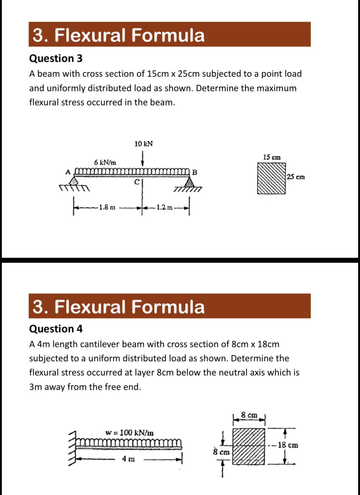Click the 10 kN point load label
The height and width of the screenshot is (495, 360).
[x=143, y=144]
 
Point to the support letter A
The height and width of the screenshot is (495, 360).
[x=68, y=171]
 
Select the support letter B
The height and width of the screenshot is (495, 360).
[x=194, y=172]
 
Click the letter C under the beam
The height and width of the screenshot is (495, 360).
[x=137, y=182]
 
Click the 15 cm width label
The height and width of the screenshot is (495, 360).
[x=272, y=157]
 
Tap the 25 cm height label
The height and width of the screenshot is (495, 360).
[x=296, y=177]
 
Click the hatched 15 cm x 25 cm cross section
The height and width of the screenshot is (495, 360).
[x=271, y=178]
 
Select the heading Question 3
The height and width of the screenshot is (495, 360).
[x=56, y=58]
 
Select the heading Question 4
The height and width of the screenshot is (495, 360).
[x=56, y=329]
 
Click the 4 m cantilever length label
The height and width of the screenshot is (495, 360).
[x=128, y=459]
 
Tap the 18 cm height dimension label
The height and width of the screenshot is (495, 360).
[x=288, y=445]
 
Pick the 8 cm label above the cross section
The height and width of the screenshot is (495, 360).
[x=249, y=415]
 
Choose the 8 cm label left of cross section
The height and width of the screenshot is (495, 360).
[x=221, y=452]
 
